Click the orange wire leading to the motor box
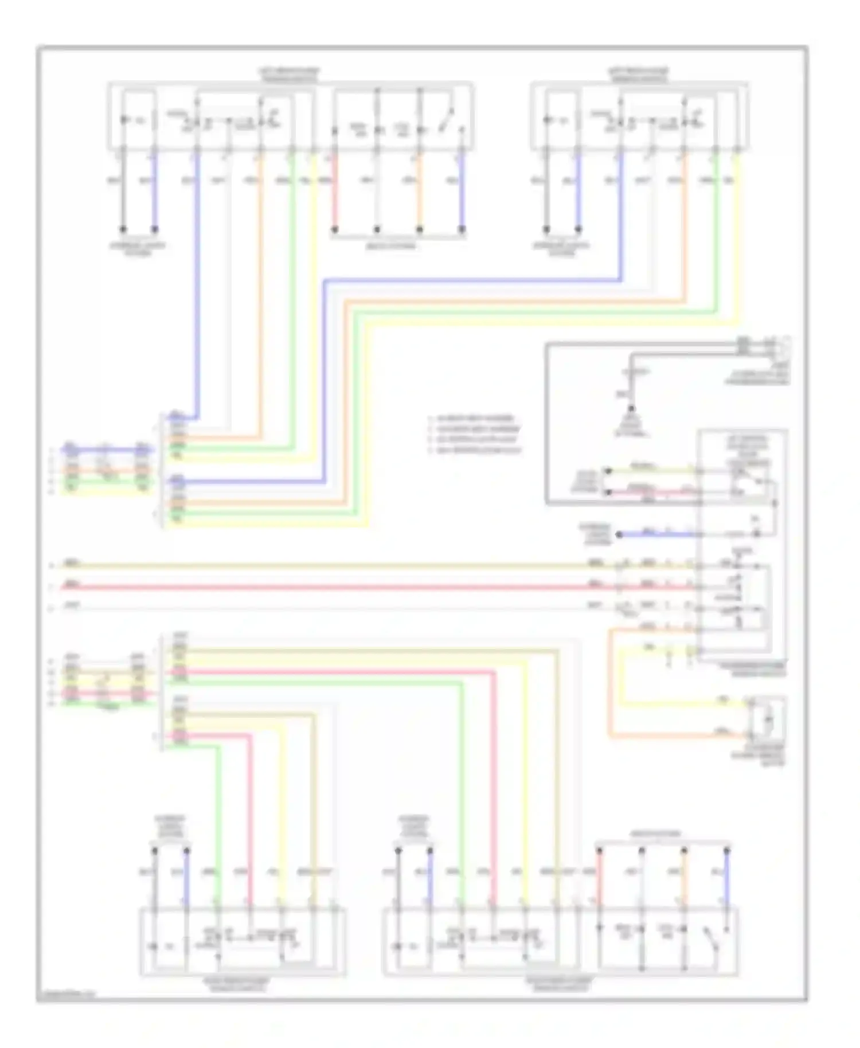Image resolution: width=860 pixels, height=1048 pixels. point(677,736)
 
